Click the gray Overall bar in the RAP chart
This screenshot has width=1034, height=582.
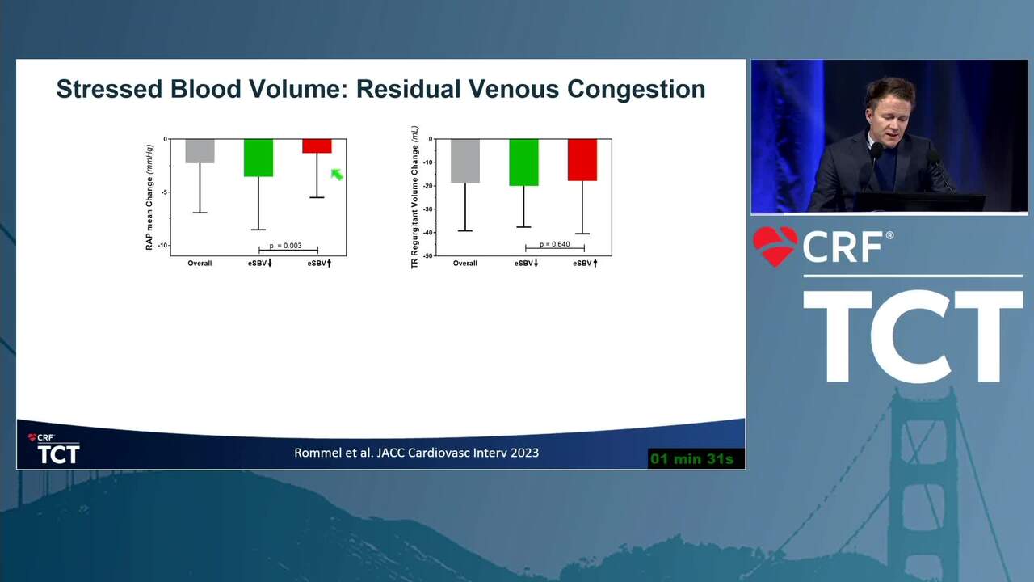[x=200, y=151]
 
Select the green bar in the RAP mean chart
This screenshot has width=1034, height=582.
[x=258, y=158]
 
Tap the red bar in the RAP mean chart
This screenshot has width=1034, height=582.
[x=317, y=146]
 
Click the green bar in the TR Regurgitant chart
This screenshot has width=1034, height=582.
[x=524, y=162]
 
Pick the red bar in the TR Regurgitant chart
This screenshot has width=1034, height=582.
[x=582, y=160]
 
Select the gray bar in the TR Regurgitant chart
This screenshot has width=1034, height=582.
[x=465, y=161]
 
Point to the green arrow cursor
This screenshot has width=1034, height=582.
[x=337, y=175]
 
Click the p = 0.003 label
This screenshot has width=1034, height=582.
[x=286, y=246]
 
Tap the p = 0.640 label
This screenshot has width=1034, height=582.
[x=555, y=244]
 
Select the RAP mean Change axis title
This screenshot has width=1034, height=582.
[x=149, y=198]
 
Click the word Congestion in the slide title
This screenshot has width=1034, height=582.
[x=636, y=90]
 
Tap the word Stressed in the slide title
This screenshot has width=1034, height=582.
[x=109, y=89]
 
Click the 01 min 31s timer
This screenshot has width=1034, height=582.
[x=692, y=459]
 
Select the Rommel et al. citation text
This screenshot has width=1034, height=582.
[x=416, y=453]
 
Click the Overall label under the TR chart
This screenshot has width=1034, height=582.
[x=464, y=264]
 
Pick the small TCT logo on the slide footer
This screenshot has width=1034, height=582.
[x=54, y=449]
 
